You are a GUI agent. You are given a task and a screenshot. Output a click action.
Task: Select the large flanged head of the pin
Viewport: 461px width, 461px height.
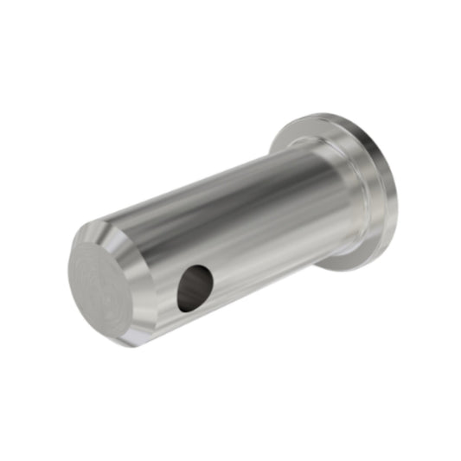[x=346, y=186]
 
